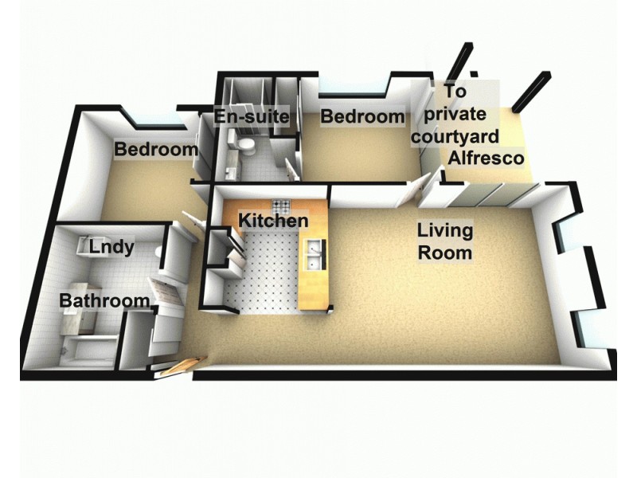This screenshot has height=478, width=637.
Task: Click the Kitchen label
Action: click(x=274, y=220)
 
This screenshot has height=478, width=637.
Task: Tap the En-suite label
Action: click(x=251, y=118)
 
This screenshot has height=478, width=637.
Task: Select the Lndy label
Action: click(x=111, y=247)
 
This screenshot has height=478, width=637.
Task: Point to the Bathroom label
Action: click(x=104, y=301)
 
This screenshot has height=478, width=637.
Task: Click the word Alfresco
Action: click(x=486, y=158)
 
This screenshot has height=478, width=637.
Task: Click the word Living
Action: click(x=446, y=231)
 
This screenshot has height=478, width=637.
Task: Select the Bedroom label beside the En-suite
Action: click(x=362, y=117)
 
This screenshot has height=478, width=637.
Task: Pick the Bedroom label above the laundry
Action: click(x=156, y=149)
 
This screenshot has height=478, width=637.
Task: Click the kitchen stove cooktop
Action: click(x=282, y=204)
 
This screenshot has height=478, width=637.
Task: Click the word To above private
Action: click(x=455, y=92)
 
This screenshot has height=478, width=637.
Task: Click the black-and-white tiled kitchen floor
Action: click(x=263, y=279)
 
